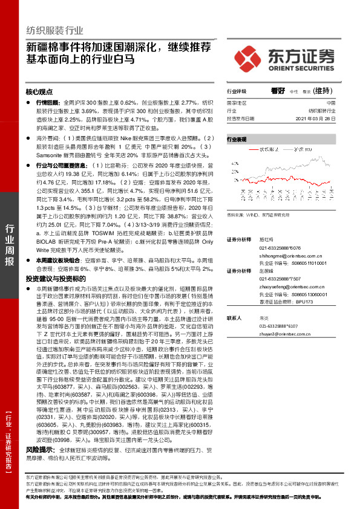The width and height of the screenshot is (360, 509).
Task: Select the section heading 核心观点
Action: tap(39, 92)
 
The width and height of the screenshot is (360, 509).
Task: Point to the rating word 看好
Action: tap(278, 91)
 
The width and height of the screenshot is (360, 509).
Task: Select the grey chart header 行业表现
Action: tap(237, 139)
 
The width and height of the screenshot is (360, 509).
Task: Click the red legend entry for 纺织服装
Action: tap(261, 149)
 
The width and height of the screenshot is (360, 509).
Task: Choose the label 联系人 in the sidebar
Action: tap(234, 317)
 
